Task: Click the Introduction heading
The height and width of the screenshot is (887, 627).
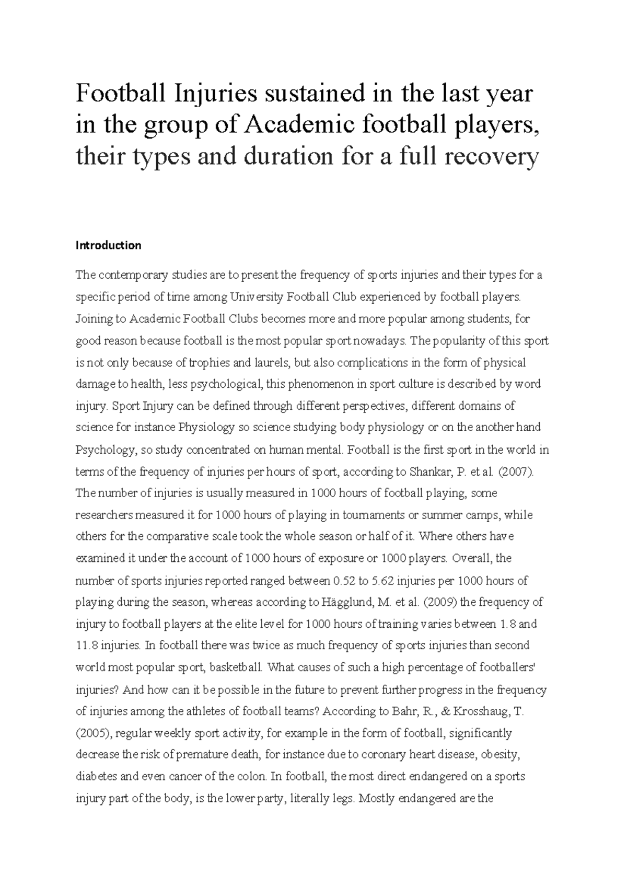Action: pos(109,245)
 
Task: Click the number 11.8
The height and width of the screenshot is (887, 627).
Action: pos(87,646)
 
